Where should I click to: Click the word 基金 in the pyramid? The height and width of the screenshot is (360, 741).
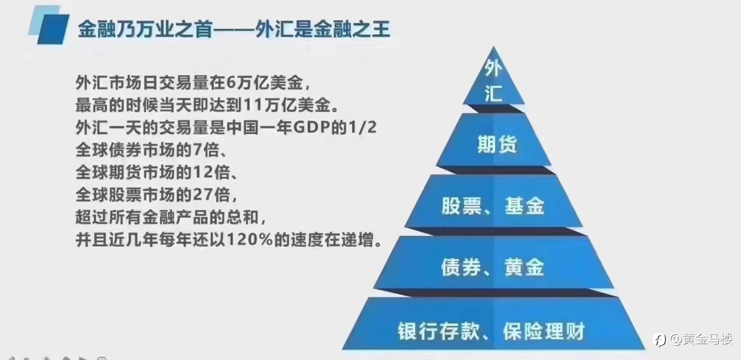click(x=524, y=205)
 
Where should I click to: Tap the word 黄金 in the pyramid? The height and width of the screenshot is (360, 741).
click(x=524, y=267)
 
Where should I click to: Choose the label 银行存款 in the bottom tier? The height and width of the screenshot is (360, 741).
click(x=439, y=332)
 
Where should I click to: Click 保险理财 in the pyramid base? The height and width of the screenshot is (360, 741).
click(x=544, y=332)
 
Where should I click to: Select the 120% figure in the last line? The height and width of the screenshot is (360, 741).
click(x=249, y=240)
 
